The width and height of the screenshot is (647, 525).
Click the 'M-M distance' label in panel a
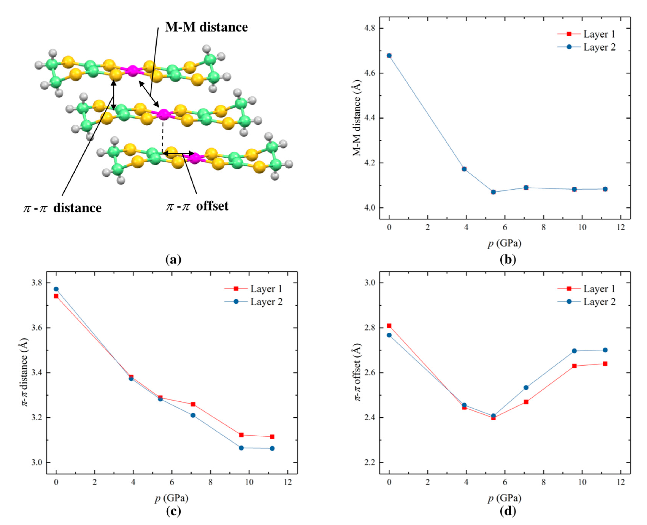(x=206, y=27)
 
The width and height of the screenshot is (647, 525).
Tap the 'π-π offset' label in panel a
(x=197, y=206)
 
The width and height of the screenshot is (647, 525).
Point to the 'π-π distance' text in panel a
(x=63, y=208)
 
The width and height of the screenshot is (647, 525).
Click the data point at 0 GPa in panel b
(x=389, y=55)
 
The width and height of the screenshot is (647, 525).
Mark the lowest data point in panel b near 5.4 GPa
(x=493, y=192)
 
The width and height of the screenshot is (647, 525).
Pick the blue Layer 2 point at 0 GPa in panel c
(x=56, y=289)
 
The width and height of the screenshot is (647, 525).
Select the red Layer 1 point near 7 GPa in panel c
(x=193, y=404)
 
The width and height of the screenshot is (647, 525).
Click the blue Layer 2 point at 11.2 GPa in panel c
(x=272, y=448)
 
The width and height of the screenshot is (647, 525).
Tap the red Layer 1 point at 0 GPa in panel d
(x=389, y=326)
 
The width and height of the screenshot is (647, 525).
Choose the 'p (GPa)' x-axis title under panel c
(x=171, y=498)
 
